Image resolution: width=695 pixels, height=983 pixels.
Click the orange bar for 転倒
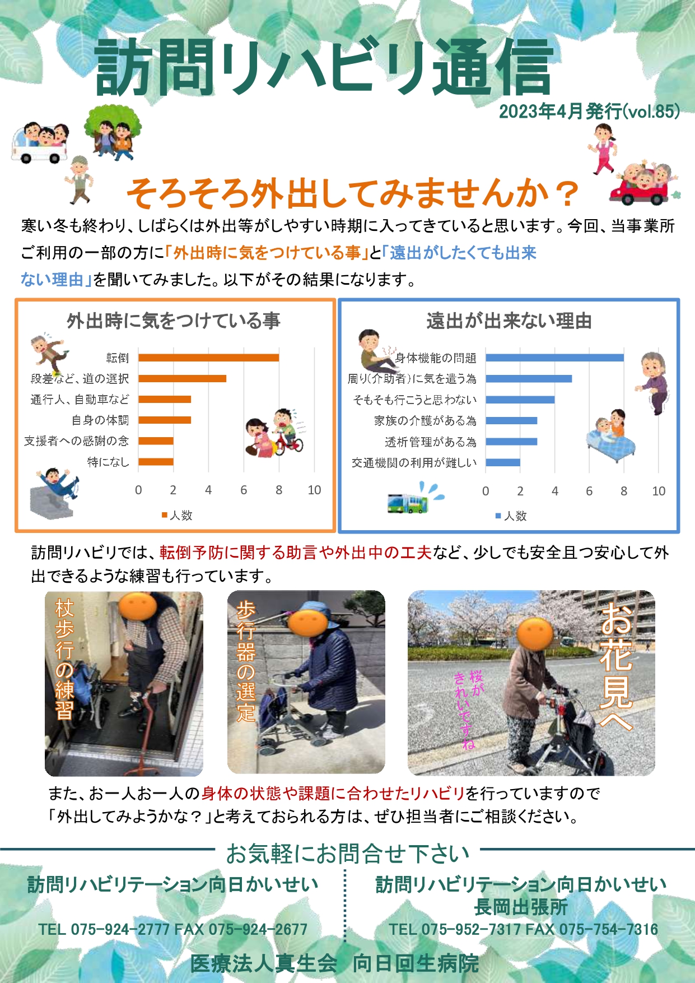(208, 358)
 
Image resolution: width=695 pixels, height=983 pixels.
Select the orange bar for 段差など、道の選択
(182, 378)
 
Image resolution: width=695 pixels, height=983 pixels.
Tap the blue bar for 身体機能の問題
(554, 358)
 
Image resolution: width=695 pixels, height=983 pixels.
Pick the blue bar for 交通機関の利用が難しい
(503, 462)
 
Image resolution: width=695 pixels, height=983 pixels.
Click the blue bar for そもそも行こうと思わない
(520, 400)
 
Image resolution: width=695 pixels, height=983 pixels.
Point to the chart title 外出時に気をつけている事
(174, 321)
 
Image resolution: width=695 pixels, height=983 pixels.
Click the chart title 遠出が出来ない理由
(509, 321)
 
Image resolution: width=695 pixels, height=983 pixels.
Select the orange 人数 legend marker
(165, 515)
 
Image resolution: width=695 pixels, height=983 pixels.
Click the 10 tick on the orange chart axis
(314, 490)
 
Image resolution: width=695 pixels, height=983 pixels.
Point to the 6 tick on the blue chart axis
(589, 492)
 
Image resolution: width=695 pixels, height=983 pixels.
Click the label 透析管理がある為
(431, 442)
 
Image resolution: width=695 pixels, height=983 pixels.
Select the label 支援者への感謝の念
(76, 441)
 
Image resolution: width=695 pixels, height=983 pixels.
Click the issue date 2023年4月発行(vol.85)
(589, 112)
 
